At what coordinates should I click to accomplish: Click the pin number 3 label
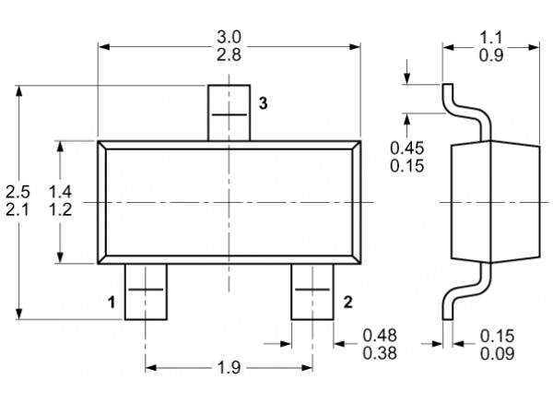click(x=263, y=103)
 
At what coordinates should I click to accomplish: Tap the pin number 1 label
click(x=112, y=303)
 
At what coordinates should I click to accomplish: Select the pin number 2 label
click(x=347, y=303)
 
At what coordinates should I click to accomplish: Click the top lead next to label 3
click(x=229, y=113)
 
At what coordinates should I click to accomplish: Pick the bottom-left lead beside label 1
click(x=146, y=291)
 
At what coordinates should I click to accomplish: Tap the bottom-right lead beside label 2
click(x=312, y=291)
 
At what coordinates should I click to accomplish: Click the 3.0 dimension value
click(x=229, y=37)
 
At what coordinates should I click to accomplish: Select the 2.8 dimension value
click(x=229, y=54)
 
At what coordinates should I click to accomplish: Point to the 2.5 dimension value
click(x=18, y=192)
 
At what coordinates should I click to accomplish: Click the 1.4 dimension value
click(x=60, y=192)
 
